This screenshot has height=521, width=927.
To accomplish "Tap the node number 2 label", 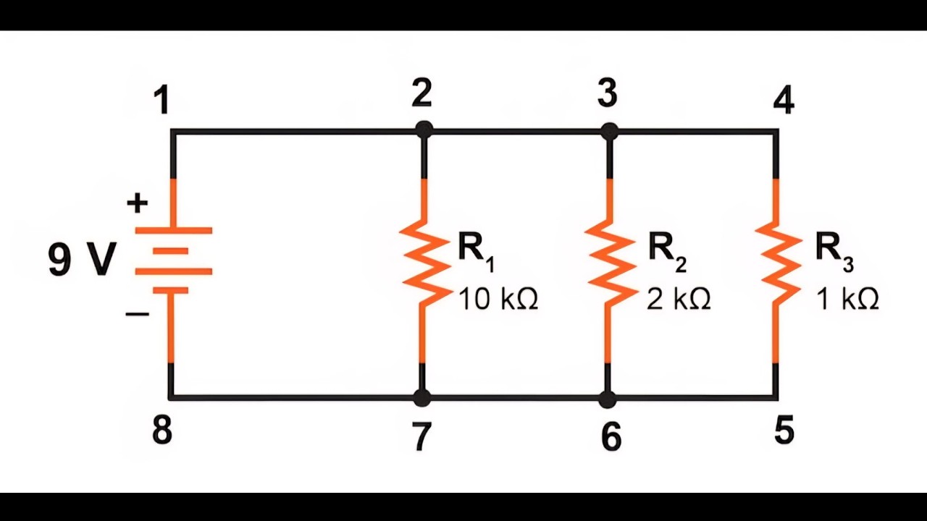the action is tap(422, 93).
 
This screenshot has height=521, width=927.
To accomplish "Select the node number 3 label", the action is tap(608, 94).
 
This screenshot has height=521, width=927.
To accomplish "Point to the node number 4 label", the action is tap(784, 101).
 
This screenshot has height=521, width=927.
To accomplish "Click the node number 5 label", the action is tap(784, 430).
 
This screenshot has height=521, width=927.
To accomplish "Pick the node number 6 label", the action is tap(611, 436).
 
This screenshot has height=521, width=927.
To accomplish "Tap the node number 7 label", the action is tap(421, 436).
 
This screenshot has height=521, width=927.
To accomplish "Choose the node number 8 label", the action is tap(162, 430).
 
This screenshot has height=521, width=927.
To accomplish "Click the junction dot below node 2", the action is tap(424, 131).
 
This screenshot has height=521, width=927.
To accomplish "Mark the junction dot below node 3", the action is tap(610, 132).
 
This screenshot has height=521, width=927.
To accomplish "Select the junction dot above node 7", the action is tap(422, 398).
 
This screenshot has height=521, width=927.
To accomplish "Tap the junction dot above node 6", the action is tap(608, 399).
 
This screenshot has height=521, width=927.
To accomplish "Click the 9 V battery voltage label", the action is tap(82, 259).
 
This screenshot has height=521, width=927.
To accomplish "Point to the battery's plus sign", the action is tap(138, 203).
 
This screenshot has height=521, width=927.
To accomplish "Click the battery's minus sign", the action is tap(138, 315).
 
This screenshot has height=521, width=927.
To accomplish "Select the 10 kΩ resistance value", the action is tap(498, 299).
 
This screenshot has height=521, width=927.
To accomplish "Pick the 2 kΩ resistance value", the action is tap(679, 299).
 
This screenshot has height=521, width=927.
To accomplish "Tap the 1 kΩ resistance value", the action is tap(847, 299).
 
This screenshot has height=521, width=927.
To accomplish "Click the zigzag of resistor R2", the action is tap(610, 260).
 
